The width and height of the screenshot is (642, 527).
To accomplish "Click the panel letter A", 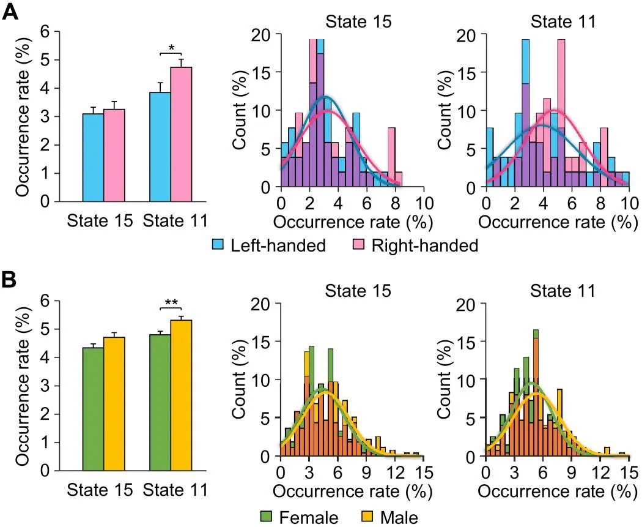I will tap(10, 13).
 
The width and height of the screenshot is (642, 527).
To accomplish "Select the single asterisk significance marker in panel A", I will tap(172, 48).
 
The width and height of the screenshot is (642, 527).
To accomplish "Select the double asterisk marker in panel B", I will tap(172, 302).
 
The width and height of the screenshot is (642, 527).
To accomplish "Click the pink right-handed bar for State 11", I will tap(181, 134).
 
